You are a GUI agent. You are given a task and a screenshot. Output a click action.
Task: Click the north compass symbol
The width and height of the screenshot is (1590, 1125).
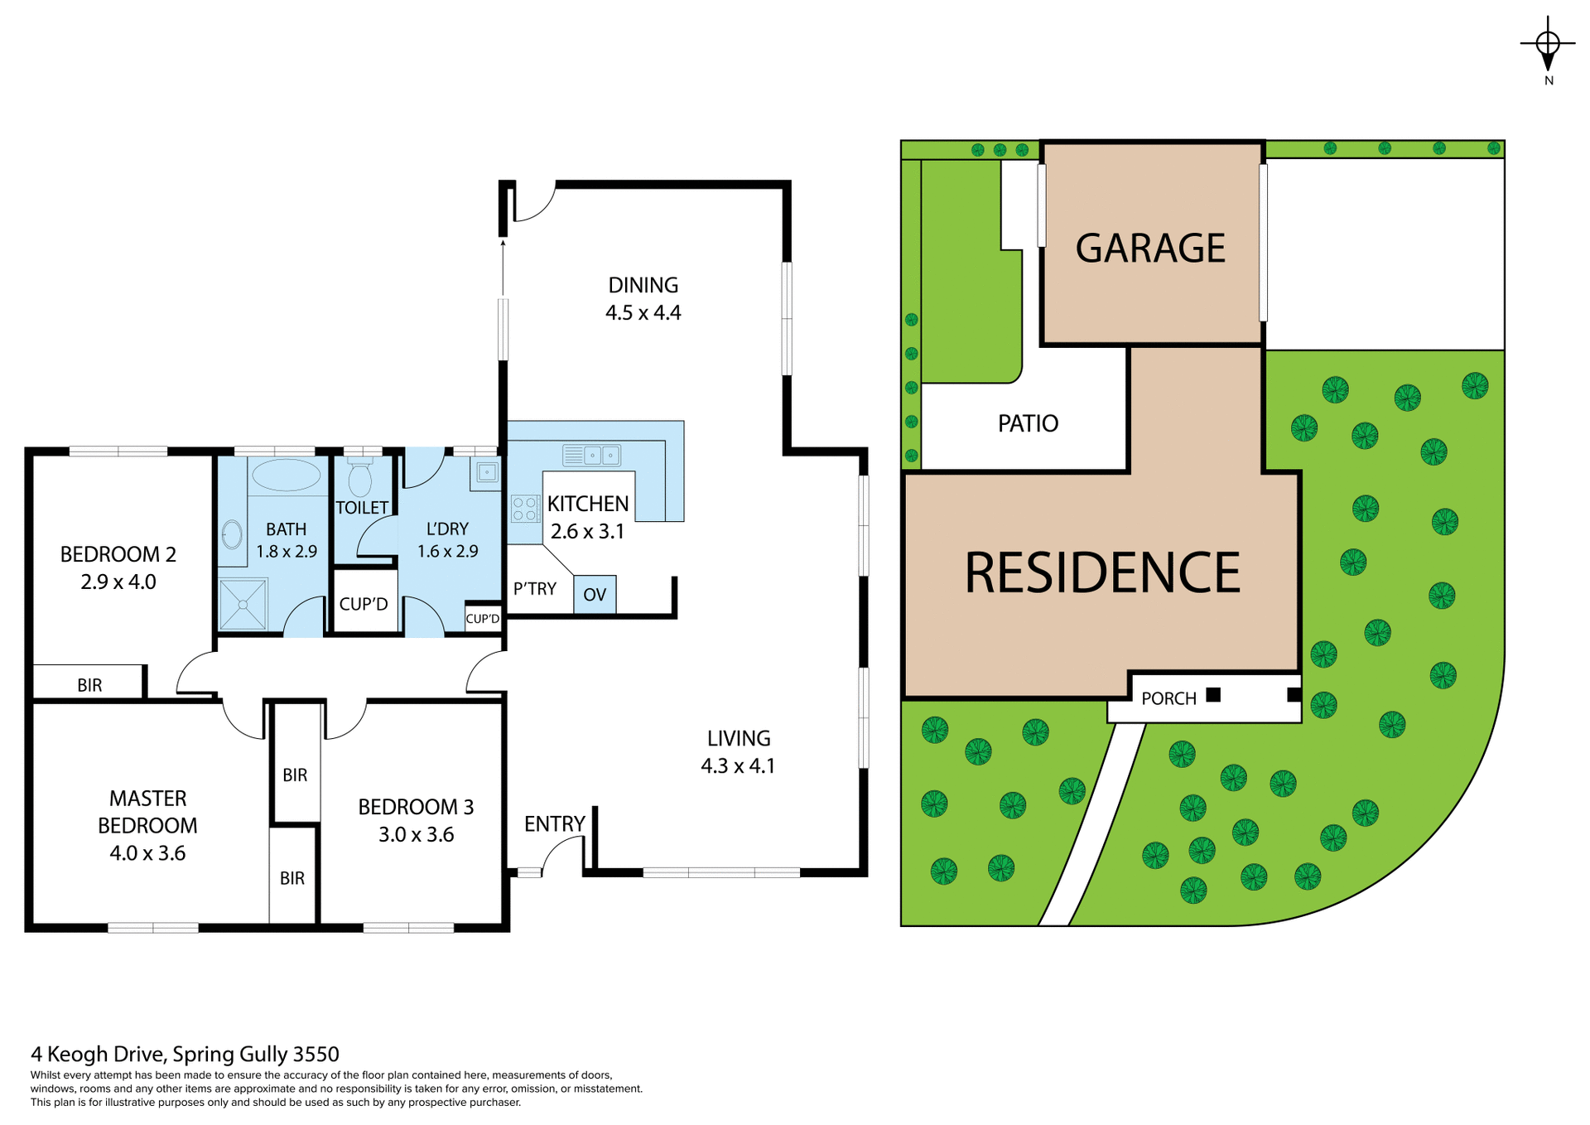click(1548, 45)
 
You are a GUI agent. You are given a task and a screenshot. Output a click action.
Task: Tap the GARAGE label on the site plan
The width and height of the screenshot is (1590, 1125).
click(1150, 249)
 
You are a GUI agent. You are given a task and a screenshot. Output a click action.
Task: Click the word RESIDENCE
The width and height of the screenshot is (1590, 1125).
click(1102, 573)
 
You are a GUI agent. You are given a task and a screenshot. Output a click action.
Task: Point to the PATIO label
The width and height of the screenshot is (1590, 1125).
click(1028, 424)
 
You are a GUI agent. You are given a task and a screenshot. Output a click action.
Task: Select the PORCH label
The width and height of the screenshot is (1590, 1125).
click(1168, 698)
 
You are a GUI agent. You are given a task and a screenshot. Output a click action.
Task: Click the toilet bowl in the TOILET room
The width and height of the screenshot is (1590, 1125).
click(359, 479)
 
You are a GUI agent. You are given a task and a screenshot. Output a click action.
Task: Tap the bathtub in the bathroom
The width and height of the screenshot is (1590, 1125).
click(286, 476)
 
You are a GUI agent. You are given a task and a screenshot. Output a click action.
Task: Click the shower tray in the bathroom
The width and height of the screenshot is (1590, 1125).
click(243, 604)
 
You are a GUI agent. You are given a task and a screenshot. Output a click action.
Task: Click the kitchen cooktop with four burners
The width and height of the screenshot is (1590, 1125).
click(524, 509)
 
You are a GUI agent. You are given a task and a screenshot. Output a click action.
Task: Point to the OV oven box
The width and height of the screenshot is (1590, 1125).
click(595, 595)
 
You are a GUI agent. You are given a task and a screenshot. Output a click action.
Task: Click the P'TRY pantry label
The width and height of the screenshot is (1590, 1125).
click(534, 589)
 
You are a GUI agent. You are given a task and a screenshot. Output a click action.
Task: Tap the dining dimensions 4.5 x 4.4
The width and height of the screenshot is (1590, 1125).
click(643, 313)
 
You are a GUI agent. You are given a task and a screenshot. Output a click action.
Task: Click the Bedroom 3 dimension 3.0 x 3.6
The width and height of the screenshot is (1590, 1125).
click(416, 835)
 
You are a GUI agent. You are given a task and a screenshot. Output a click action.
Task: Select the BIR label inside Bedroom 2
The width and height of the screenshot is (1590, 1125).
click(89, 685)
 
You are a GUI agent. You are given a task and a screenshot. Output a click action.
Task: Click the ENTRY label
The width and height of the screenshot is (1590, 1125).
click(554, 824)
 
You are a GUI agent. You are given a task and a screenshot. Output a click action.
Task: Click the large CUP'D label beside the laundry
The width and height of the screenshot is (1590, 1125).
click(364, 604)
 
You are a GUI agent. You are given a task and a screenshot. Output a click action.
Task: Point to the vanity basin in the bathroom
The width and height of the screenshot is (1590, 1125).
click(233, 534)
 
